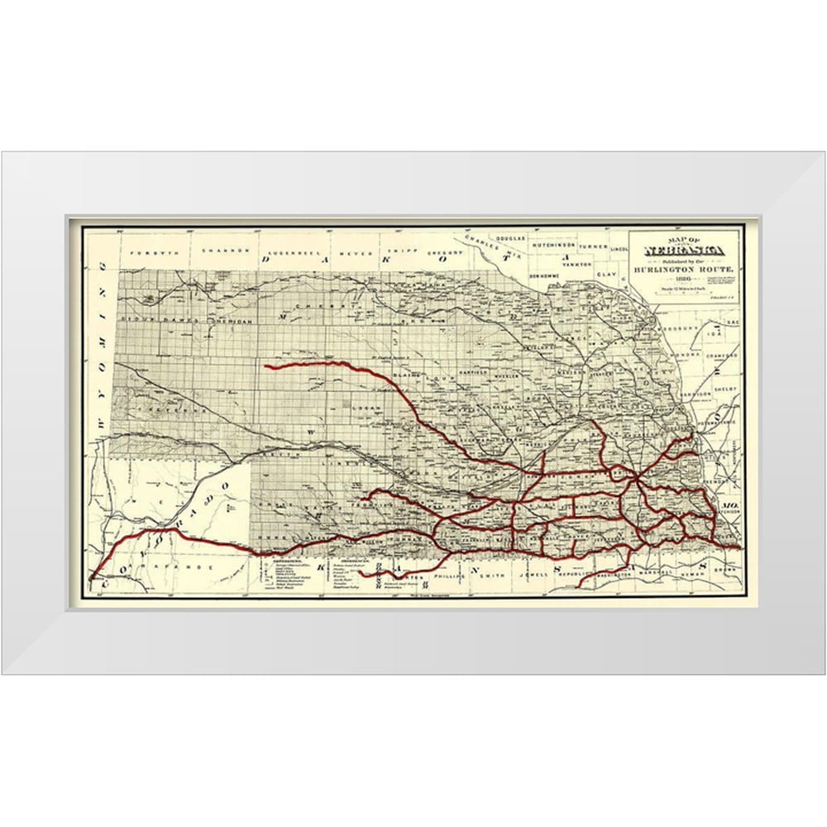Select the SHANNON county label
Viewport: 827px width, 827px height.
coord(212,249)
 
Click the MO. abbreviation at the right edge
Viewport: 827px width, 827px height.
coord(728,504)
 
